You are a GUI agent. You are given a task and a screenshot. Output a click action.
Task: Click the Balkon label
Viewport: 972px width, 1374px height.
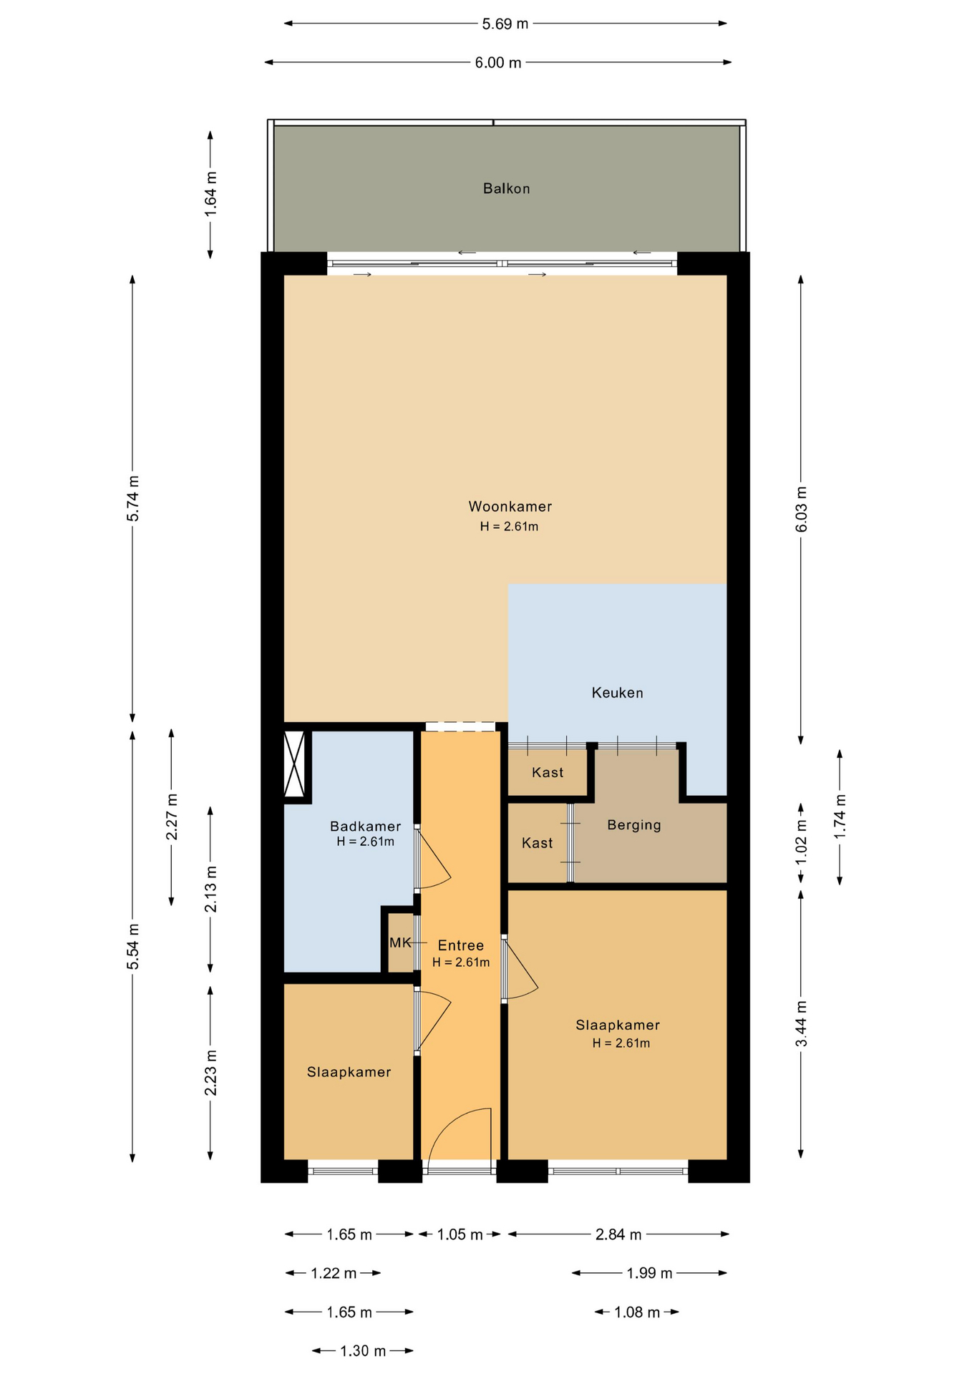506,189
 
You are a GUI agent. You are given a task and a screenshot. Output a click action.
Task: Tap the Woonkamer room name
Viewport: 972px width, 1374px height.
510,507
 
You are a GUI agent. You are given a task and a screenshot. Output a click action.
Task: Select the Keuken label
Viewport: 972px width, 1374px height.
617,693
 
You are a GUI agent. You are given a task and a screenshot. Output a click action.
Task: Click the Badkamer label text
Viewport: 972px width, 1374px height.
365,827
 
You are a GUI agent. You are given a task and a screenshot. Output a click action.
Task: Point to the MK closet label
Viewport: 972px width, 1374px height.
400,943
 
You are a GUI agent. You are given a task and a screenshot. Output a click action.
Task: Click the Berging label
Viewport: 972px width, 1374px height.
634,825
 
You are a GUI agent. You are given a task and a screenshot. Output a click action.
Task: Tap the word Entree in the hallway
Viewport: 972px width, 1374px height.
461,945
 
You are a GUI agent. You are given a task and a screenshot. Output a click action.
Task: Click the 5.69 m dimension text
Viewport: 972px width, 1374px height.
505,24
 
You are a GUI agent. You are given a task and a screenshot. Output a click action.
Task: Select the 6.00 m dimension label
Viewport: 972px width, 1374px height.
498,63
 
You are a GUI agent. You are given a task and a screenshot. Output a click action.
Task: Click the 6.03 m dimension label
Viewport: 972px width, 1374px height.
801,509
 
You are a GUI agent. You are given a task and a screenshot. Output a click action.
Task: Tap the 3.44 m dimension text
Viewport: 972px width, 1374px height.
801,1024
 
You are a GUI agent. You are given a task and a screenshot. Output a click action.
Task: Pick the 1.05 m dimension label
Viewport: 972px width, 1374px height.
460,1234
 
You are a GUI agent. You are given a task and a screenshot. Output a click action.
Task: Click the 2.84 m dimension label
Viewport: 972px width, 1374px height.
618,1234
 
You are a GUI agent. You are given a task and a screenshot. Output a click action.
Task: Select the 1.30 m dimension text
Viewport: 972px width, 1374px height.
363,1351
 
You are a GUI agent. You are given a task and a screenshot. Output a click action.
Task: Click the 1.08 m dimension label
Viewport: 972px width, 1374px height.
637,1312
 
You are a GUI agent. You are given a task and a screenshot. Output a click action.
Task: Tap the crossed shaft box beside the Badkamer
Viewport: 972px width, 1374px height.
295,764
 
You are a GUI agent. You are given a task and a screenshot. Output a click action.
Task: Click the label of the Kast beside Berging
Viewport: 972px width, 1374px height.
537,843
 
